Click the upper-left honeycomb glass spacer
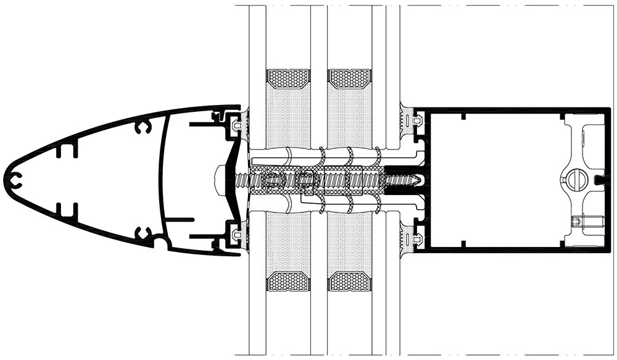[x=288, y=78]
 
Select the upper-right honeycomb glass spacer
[x=351, y=78]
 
